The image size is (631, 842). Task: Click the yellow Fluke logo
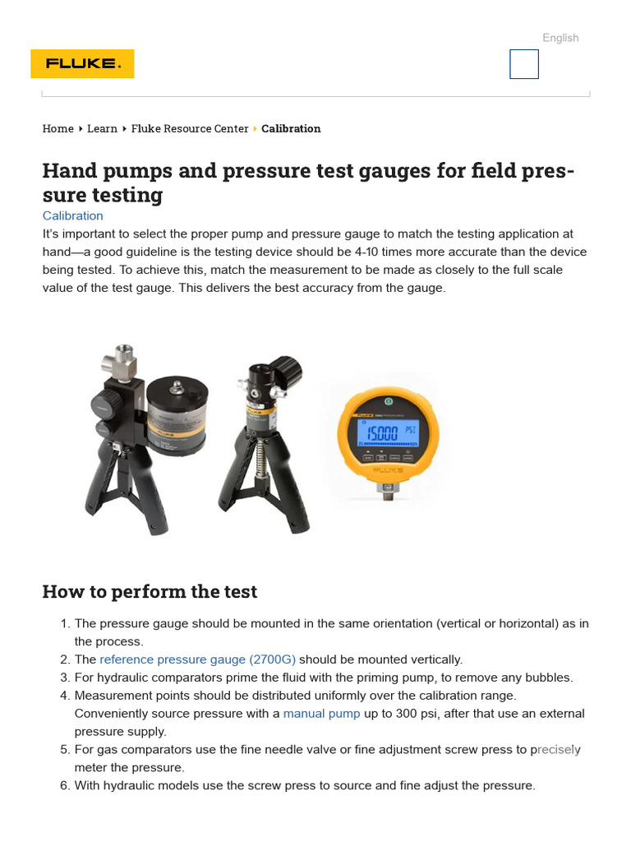82,64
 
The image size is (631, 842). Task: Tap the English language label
560,38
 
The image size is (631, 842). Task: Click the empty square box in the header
524,64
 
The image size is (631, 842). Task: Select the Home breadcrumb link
58,128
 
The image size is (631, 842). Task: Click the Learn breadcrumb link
102,128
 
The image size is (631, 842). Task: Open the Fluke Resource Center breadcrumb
190,128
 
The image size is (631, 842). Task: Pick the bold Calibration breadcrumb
291,128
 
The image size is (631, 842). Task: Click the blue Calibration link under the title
72,215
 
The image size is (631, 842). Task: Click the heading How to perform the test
150,592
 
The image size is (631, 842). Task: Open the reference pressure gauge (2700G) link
197,659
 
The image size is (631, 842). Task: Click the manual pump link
321,714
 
